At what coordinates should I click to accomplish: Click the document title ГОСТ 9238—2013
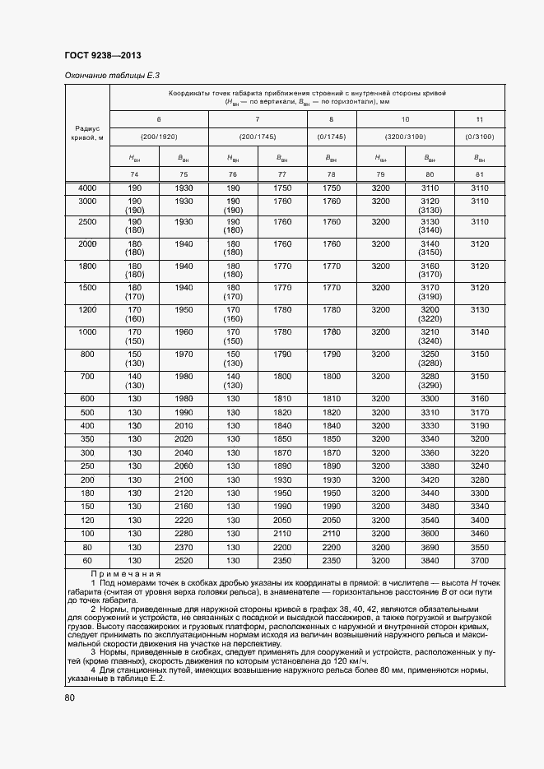tap(102, 56)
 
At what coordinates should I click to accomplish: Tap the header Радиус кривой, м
tap(87, 133)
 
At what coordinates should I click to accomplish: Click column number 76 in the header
tap(233, 174)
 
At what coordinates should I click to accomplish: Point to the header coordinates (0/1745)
tap(331, 137)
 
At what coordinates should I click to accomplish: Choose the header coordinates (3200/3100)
tap(403, 137)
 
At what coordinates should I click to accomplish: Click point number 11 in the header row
tap(479, 120)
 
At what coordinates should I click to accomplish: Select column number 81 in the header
tap(479, 174)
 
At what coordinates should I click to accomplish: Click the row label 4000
tap(87, 188)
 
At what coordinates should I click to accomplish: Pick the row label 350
tap(87, 439)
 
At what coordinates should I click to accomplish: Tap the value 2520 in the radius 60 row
tap(184, 560)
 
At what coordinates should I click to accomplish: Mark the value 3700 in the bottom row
tap(479, 560)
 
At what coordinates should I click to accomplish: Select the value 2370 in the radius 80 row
tap(184, 547)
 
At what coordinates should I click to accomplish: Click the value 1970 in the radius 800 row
tap(184, 354)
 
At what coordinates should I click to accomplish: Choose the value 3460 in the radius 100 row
tap(479, 533)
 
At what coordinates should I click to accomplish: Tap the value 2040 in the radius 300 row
tap(184, 452)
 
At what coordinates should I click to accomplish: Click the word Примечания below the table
tap(126, 574)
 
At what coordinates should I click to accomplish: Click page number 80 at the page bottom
tap(69, 698)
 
